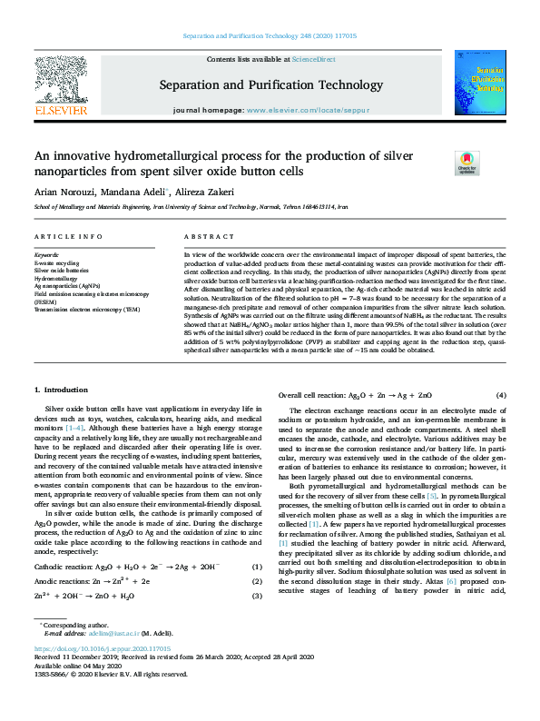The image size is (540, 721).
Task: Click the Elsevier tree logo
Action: pyautogui.click(x=61, y=80)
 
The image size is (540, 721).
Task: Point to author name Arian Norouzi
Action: pyautogui.click(x=64, y=192)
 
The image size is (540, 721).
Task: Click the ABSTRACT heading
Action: pyautogui.click(x=203, y=236)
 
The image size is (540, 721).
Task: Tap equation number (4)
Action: pyautogui.click(x=500, y=396)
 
